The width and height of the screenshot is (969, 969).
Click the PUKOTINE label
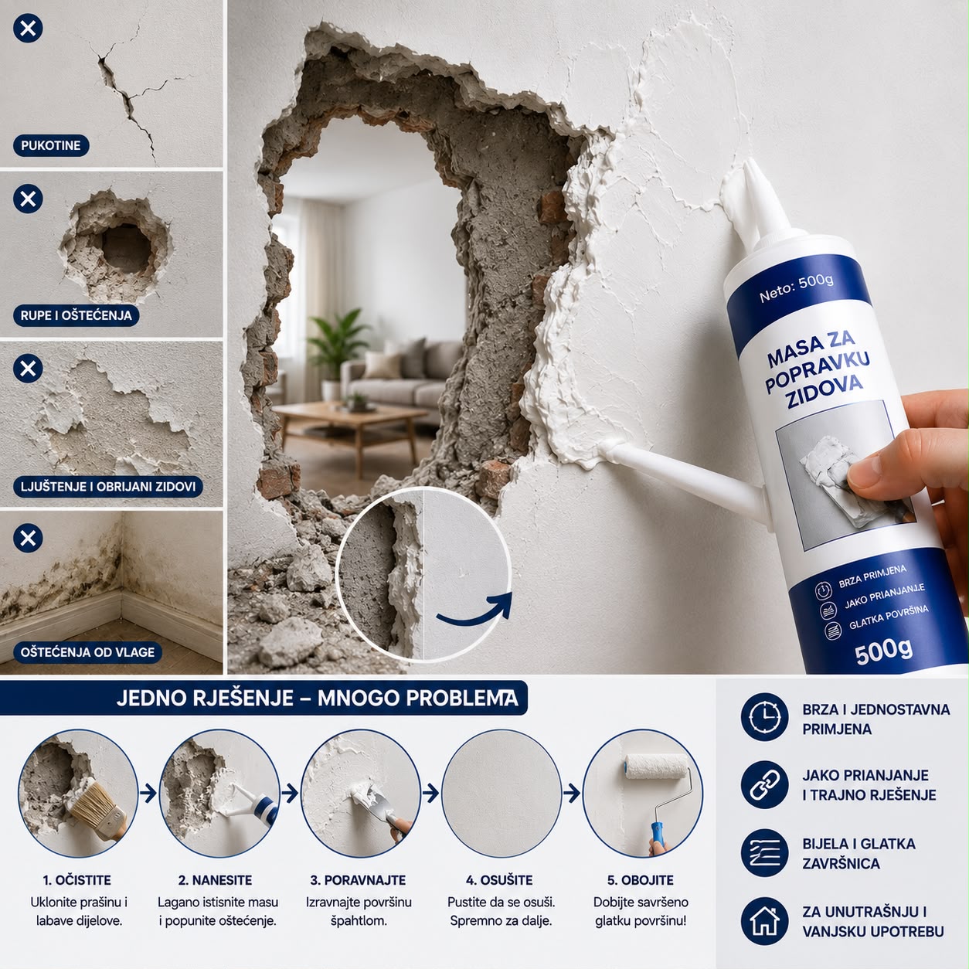pos(51,145)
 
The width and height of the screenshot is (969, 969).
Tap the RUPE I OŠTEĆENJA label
pos(76,315)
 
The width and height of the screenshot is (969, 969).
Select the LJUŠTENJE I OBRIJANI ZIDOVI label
pos(107,486)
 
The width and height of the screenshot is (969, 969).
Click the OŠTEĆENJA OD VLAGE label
pos(87,652)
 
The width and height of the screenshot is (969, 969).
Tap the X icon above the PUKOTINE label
pos(28,28)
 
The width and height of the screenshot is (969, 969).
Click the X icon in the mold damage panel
pos(28,538)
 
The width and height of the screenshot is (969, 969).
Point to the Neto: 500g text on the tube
pos(796,289)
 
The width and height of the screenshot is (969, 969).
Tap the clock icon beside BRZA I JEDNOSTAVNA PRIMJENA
pos(764,716)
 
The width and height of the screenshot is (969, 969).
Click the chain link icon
pos(764,784)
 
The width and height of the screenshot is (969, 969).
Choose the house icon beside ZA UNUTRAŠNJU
pos(764,921)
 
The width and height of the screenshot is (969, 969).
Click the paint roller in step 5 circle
pos(658,801)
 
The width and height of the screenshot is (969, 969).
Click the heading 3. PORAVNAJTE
pos(358,880)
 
